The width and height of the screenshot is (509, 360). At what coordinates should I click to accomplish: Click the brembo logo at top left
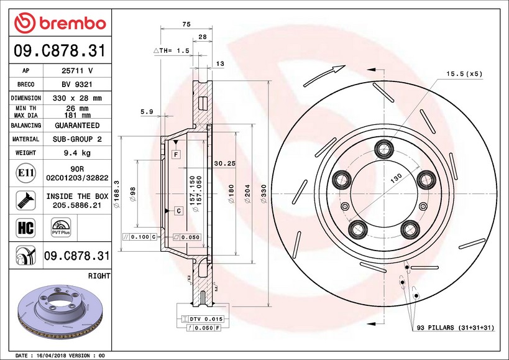[x=60, y=23]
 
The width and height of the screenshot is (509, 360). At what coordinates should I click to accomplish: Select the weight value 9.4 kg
[x=77, y=152]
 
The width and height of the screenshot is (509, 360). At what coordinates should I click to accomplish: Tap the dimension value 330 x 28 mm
[x=77, y=98]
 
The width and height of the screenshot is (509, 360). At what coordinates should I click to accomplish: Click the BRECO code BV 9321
[x=77, y=85]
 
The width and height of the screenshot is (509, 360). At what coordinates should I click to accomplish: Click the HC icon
[x=26, y=228]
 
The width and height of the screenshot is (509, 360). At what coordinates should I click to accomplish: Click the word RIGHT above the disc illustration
[x=99, y=275]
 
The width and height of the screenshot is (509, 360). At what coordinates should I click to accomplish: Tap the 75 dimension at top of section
[x=186, y=24]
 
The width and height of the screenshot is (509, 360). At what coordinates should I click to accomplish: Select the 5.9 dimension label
[x=147, y=112]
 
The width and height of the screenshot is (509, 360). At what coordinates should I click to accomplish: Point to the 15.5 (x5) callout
[x=464, y=74]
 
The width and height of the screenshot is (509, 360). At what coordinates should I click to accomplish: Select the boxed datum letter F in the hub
[x=177, y=154]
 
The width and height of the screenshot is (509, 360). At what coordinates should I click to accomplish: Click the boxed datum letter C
[x=178, y=211]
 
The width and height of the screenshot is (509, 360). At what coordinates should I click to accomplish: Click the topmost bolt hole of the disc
[x=383, y=148]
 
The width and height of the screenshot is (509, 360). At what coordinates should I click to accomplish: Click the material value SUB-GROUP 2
[x=77, y=139]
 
